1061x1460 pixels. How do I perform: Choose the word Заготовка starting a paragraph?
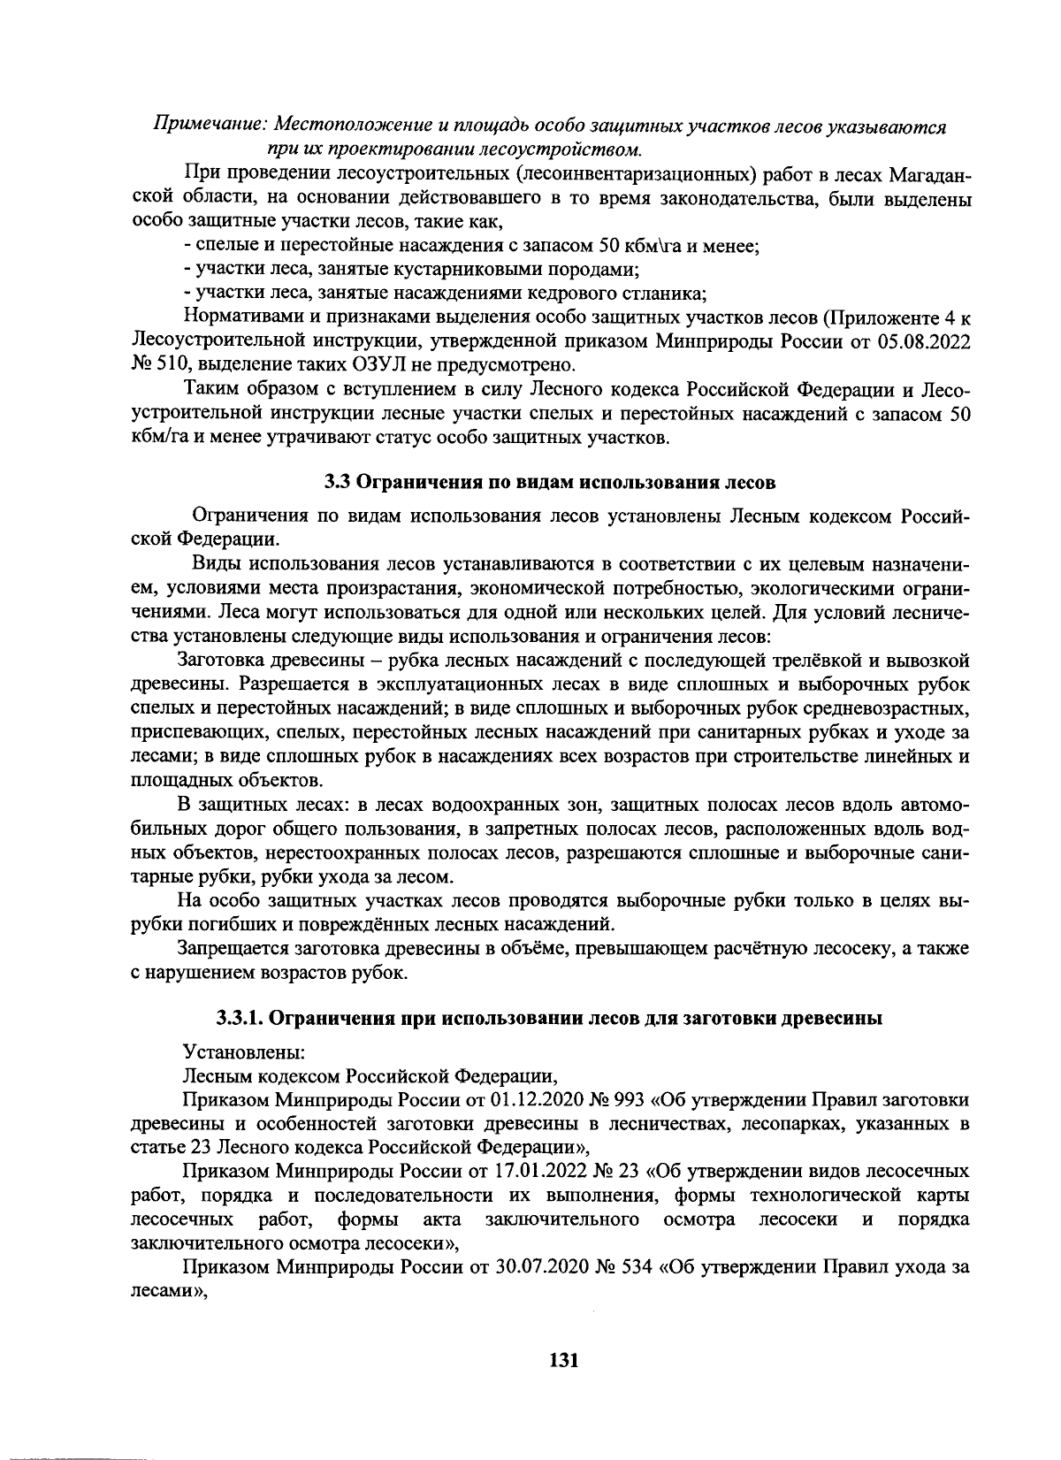[223, 661]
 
